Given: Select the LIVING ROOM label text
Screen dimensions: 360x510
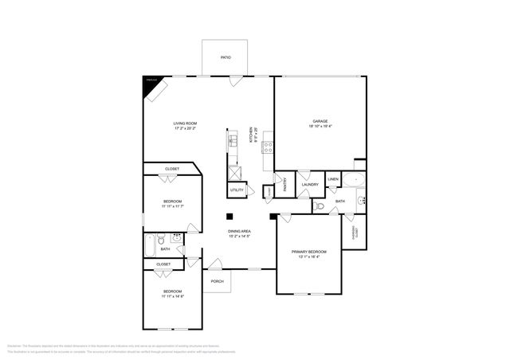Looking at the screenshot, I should coord(186,123).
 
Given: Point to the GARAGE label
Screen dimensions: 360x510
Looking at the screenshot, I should coord(320,122).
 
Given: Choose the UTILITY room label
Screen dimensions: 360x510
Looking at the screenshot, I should coord(237,190).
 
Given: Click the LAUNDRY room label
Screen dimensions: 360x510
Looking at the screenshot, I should coord(310,185).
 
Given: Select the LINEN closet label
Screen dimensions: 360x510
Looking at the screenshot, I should coord(333,180).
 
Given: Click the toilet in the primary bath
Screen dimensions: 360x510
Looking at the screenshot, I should coord(320,205).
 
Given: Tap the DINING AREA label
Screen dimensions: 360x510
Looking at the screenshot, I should coord(240,231).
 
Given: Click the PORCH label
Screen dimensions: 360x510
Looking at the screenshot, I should coord(217,282).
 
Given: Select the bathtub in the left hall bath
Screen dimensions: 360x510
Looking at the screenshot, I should coord(150,245).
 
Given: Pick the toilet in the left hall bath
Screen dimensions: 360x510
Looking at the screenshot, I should coord(162,237).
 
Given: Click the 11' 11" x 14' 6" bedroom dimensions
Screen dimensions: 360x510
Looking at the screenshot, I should coord(174,296).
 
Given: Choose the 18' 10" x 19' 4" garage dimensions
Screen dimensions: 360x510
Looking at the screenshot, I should coord(320,127).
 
